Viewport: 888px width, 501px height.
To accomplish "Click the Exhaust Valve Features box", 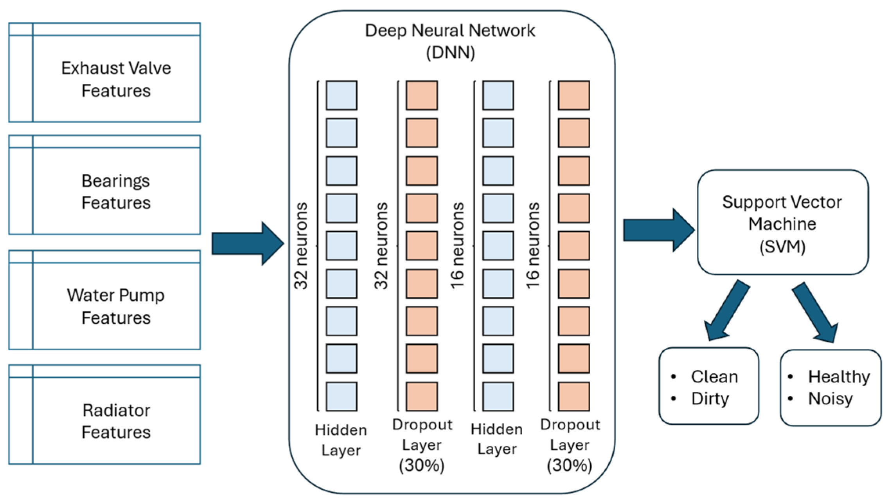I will pos(104,73).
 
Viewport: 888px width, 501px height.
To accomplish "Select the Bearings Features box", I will pos(104,185).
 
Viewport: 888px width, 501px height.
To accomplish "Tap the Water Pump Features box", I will pos(104,300).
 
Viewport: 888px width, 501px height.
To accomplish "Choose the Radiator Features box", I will pos(104,415).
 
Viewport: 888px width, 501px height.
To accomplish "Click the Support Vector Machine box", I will pos(783,222).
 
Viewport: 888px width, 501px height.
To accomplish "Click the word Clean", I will pos(714,377).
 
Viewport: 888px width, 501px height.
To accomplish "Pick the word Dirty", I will pos(710,399).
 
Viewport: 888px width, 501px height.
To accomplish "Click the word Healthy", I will pos(839,377).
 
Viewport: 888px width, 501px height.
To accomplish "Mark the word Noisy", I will pos(830,399).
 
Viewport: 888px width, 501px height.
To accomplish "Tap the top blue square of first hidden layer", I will pos(342,96).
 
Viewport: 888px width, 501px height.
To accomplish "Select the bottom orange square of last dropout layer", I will pos(573,396).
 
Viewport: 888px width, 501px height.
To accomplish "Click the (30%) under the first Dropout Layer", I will pos(422,465).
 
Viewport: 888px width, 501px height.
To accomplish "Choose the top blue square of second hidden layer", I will pos(498,96).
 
